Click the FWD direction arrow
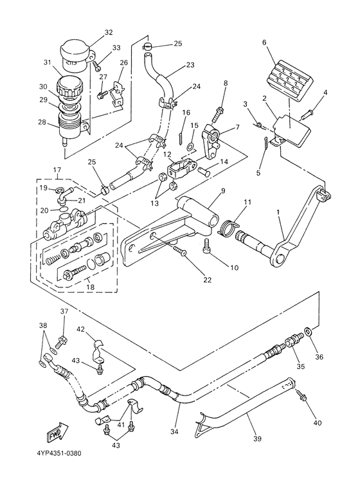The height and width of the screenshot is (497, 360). [58, 431]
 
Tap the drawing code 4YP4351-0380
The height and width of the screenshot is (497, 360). [59, 453]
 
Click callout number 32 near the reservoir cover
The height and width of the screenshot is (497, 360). [109, 32]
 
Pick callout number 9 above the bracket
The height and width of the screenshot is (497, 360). [223, 191]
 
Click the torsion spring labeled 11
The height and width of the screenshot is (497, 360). [228, 227]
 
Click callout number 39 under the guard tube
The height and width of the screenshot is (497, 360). [257, 438]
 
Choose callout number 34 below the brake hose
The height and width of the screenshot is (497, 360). [174, 431]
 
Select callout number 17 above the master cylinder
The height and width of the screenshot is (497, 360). [57, 170]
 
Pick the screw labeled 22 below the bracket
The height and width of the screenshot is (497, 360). [180, 252]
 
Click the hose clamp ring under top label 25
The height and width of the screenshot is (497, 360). [147, 46]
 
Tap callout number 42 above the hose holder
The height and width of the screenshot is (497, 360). [80, 329]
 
